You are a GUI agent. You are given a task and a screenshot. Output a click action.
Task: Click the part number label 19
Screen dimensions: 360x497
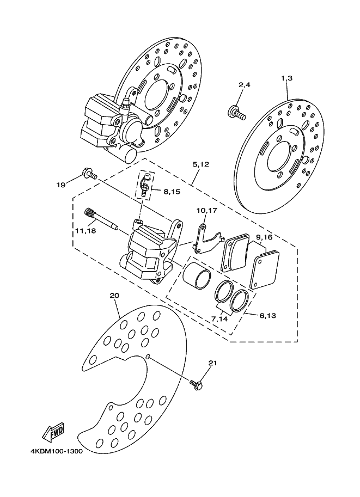coord(61,185)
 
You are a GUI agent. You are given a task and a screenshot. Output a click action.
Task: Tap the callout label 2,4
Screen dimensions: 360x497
coord(244,85)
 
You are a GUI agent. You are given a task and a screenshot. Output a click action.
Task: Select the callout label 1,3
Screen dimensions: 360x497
coord(286,78)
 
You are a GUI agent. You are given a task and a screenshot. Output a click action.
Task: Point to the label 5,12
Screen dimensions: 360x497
coord(200,164)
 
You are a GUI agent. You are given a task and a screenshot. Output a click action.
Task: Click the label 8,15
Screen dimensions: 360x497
coord(172,192)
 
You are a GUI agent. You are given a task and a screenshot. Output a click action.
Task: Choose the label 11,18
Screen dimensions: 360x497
coord(86,231)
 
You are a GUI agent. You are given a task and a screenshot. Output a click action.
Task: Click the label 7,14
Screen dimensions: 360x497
coord(219,319)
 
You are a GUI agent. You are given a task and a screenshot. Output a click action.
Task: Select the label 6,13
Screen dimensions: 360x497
coord(267,316)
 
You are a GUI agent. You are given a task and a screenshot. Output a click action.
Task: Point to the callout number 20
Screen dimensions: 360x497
coord(114,296)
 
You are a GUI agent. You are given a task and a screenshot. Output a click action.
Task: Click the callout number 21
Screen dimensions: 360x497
coord(212,363)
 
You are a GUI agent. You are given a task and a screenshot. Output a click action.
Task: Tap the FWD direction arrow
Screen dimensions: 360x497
coord(54,432)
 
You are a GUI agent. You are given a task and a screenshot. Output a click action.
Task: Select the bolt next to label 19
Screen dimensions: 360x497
coord(89,174)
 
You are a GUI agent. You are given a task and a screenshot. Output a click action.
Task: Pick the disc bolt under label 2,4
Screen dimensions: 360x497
coord(236,113)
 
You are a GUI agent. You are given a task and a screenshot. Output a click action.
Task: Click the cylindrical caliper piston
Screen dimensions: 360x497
coord(196,274)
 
